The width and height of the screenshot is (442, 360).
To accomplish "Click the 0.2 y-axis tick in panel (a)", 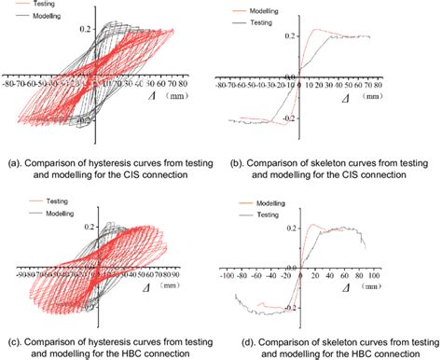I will pyautogui.click(x=112, y=30).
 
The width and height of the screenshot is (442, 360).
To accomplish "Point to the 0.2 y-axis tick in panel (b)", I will pyautogui.click(x=290, y=35).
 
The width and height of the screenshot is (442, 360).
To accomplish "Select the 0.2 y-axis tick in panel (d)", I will pyautogui.click(x=291, y=228).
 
